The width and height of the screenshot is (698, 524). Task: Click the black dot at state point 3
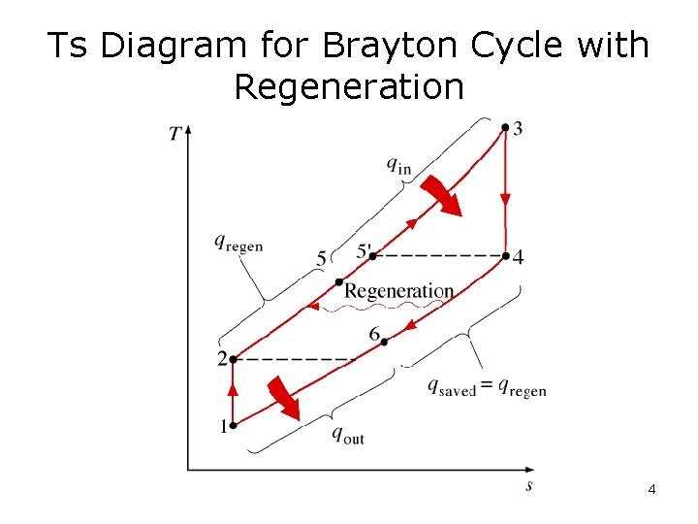(x=505, y=127)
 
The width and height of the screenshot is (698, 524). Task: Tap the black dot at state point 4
(x=505, y=256)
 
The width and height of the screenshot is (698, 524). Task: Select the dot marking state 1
(x=233, y=424)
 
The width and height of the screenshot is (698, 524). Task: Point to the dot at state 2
(x=233, y=359)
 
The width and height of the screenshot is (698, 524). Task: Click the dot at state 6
(x=385, y=341)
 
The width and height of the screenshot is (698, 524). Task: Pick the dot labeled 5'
(x=371, y=256)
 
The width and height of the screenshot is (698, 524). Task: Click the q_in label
(x=398, y=165)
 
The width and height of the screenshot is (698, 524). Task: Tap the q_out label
(x=348, y=435)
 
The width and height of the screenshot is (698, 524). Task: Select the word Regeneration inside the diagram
(x=398, y=291)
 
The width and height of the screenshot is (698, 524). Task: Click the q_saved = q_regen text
(x=487, y=386)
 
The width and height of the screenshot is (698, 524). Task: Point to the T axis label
(x=175, y=133)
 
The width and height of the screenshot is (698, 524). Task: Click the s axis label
(x=528, y=485)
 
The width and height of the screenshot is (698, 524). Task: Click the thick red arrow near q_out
(x=283, y=397)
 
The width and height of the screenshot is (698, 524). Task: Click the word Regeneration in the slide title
(x=349, y=87)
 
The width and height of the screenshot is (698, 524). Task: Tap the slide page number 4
(x=651, y=489)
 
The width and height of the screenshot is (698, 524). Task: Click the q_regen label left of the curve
(x=238, y=244)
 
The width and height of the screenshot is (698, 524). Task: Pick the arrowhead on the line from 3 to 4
(x=505, y=200)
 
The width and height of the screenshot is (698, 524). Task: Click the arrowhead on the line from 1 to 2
(x=233, y=390)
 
